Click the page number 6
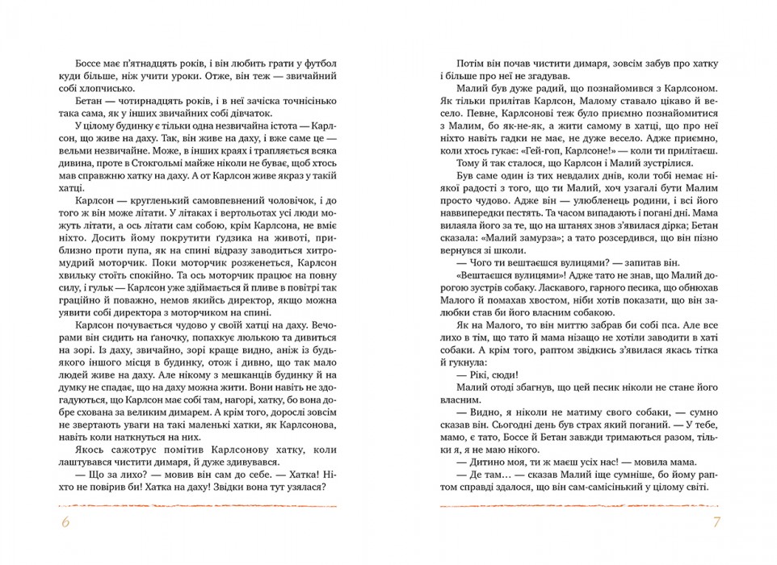65,524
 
